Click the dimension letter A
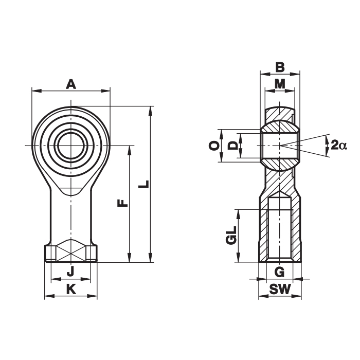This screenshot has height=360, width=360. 71,84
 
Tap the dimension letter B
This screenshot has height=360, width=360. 280,67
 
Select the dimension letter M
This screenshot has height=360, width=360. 280,84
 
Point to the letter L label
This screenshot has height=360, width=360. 143,184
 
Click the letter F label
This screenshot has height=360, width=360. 122,203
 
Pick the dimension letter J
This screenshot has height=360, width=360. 70,271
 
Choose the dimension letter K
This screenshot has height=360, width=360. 71,289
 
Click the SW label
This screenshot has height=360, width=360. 280,289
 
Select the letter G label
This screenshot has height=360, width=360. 279,272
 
